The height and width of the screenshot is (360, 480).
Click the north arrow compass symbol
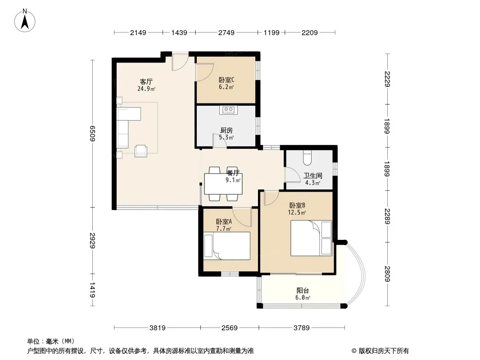tap(25, 21)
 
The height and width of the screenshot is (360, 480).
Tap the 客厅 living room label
tap(146, 81)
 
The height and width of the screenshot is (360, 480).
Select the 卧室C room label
tap(226, 80)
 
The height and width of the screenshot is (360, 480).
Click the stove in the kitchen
tap(228, 110)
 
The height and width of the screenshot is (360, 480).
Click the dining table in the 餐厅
tap(223, 184)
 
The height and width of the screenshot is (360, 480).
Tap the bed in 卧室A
tap(227, 246)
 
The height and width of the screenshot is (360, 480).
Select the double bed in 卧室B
tap(311, 238)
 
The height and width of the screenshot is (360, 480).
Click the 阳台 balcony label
tap(303, 291)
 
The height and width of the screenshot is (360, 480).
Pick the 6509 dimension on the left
tap(92, 134)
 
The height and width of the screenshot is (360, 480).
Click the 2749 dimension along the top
tap(226, 32)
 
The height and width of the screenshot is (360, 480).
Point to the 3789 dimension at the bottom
tap(302, 328)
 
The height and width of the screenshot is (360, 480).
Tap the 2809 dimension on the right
tap(387, 274)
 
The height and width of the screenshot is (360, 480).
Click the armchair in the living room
tap(141, 151)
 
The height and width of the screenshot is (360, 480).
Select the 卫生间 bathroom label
tap(312, 176)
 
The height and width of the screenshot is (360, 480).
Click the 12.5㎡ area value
tap(297, 212)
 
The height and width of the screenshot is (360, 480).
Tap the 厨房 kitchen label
tap(226, 130)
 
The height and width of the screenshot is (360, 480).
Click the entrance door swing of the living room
tap(180, 63)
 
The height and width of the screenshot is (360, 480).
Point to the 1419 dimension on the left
tap(92, 290)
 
